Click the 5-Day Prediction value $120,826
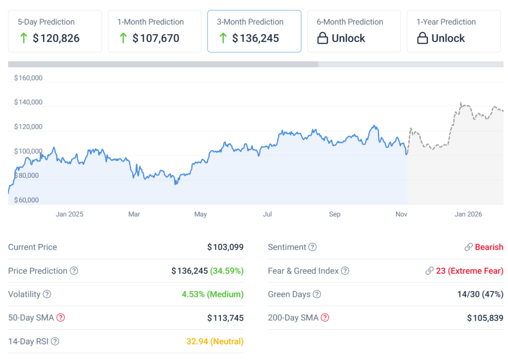tap(56, 38)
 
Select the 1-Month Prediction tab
tap(154, 31)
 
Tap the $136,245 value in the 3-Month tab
tap(255, 38)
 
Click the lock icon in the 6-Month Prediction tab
tap(322, 38)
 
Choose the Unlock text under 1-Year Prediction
tap(448, 38)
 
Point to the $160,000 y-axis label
tap(28, 78)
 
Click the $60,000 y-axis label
tap(26, 200)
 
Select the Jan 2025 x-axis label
tap(69, 215)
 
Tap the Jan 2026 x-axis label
tap(468, 215)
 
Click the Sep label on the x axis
tap(335, 215)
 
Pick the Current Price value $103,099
tap(225, 247)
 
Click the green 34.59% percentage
tap(227, 271)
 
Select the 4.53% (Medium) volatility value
tap(213, 294)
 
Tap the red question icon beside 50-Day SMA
tap(61, 318)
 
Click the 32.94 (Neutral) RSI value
tap(215, 342)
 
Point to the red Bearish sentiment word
tap(489, 247)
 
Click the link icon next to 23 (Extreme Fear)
tap(429, 271)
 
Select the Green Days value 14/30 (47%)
tap(480, 294)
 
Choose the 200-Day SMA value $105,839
tap(485, 318)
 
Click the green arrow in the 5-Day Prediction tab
tap(23, 38)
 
